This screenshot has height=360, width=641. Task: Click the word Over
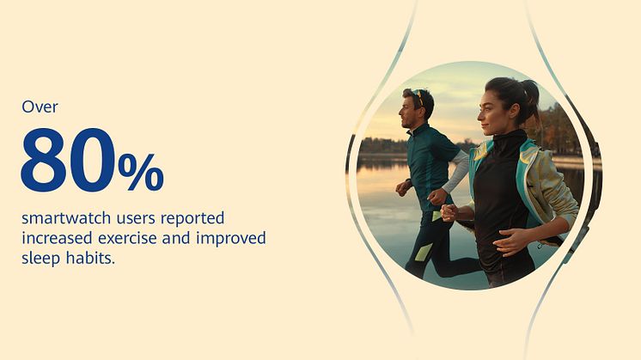(x=40, y=107)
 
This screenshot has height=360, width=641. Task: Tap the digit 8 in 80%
(x=44, y=160)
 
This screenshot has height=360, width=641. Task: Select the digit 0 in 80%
(x=92, y=160)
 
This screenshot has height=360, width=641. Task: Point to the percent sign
(x=141, y=172)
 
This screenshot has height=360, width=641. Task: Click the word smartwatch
(x=66, y=218)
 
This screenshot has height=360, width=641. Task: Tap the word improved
(x=231, y=238)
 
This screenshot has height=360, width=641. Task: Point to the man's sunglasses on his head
(x=418, y=97)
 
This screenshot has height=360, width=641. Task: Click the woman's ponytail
(x=531, y=98)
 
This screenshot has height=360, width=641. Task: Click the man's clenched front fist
(x=436, y=197)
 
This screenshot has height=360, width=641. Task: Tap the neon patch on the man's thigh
(x=423, y=252)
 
